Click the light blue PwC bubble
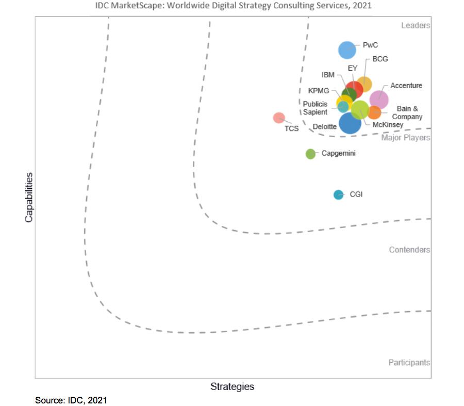click(347, 50)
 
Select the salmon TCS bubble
click(279, 118)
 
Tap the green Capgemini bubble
click(310, 154)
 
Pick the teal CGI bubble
click(338, 194)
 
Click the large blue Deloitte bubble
click(350, 124)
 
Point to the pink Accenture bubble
click(379, 99)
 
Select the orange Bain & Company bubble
click(374, 112)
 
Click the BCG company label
click(380, 59)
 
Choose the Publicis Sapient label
click(315, 108)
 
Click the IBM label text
click(328, 75)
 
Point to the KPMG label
click(319, 91)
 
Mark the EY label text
click(353, 68)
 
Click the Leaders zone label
click(415, 25)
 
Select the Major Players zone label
click(405, 138)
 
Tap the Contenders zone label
click(409, 250)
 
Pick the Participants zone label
click(409, 363)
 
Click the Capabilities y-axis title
click(29, 197)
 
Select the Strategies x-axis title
click(232, 386)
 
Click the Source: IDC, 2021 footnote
click(71, 400)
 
